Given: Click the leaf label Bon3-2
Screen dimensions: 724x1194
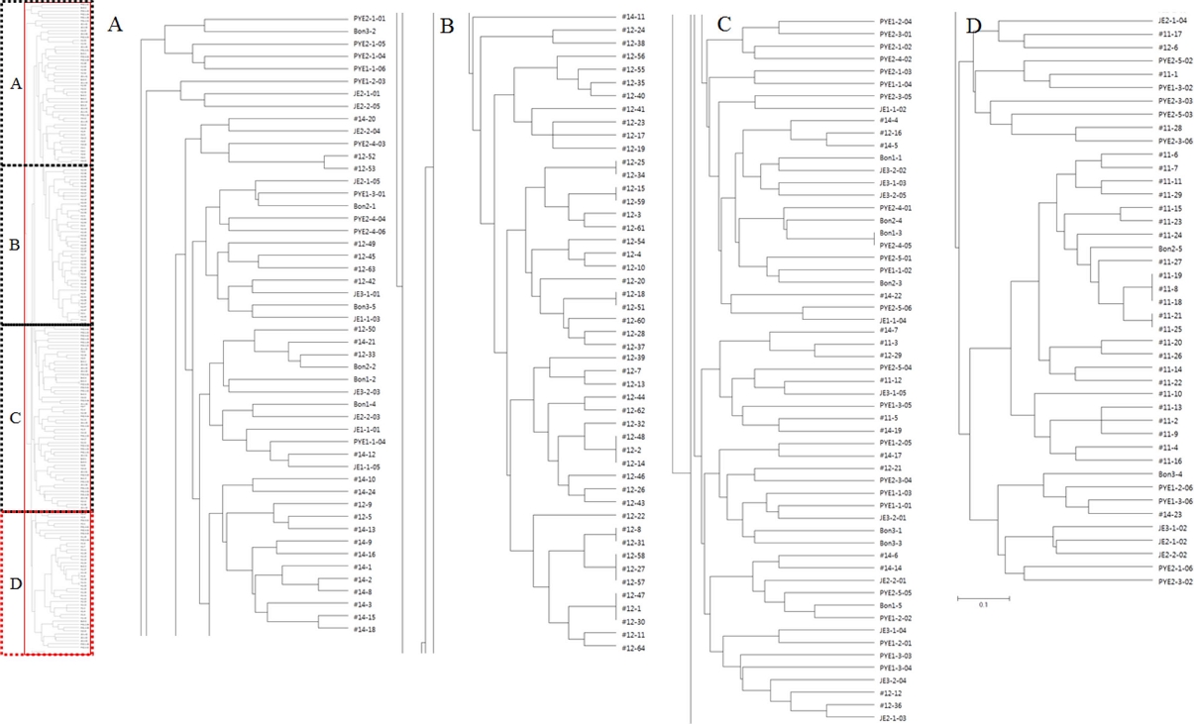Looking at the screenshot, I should (364, 32).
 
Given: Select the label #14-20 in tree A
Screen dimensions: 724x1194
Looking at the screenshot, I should (364, 119).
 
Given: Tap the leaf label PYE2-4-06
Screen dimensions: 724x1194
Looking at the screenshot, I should (369, 231).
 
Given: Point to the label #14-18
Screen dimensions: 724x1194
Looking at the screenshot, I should (364, 630).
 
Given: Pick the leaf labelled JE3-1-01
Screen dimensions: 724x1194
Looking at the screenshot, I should (366, 294).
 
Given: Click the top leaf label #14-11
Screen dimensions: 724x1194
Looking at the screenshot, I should (633, 18).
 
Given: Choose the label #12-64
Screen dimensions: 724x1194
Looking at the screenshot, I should (633, 648).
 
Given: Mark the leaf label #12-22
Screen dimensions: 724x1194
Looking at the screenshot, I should (633, 516).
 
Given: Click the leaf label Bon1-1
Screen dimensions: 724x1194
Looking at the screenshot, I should (890, 157).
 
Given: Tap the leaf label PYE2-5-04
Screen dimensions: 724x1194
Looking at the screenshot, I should (895, 367).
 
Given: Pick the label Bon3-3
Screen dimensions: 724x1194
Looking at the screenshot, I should (890, 543).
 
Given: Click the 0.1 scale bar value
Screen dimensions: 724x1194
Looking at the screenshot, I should (983, 604).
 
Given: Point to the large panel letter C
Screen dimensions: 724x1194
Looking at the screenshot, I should (724, 25).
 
